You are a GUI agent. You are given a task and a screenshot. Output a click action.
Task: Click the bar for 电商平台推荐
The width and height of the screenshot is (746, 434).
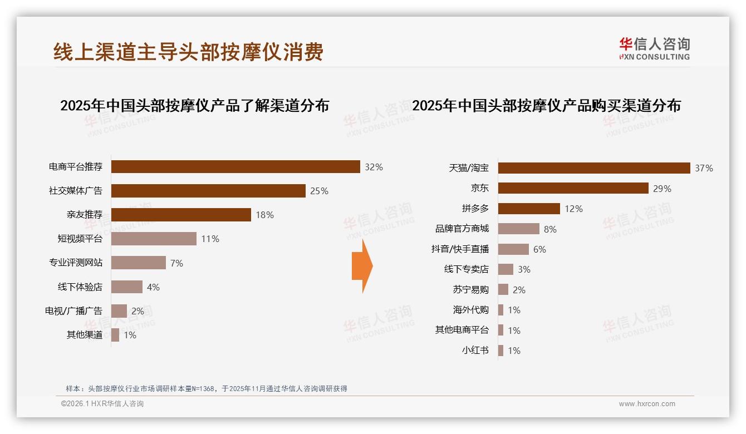pos(235,166)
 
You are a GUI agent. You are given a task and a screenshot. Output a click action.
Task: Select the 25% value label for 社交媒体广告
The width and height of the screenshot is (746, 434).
pos(319,191)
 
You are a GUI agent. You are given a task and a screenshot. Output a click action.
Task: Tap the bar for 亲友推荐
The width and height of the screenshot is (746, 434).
pos(181,215)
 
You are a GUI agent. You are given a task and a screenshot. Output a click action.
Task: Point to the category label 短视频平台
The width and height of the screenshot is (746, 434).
pos(80,239)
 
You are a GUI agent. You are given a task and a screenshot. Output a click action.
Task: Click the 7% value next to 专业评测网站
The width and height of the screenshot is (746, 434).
pos(176,263)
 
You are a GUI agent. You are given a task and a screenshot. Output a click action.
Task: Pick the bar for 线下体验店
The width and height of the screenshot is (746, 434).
pos(127,287)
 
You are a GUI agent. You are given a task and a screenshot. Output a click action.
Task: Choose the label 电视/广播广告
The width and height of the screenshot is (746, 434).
pos(73,311)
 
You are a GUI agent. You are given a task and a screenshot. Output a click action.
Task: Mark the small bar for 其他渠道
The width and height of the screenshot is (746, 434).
pos(115,335)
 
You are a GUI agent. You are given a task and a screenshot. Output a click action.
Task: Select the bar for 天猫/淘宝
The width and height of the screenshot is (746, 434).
pos(594,168)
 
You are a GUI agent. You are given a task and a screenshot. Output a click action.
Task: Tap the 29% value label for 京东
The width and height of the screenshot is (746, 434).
pos(662,189)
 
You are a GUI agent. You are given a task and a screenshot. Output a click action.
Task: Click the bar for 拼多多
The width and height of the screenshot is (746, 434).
pos(529,209)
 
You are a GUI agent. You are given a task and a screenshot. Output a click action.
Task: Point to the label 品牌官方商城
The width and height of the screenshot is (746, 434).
pos(462,229)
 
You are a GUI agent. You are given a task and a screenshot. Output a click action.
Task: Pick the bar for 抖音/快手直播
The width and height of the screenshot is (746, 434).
pos(513,249)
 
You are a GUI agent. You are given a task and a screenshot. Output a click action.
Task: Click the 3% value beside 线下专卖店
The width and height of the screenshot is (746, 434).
pos(523,269)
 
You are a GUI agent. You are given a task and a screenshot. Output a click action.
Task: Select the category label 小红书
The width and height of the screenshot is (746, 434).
pos(475,351)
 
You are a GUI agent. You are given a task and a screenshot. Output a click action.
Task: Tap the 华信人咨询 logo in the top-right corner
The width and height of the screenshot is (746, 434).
pos(654,48)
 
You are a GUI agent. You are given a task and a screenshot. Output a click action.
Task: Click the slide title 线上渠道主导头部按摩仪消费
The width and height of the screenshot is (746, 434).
pos(188,52)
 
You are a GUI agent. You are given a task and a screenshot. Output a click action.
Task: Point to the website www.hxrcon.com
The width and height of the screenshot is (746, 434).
pos(646,404)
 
